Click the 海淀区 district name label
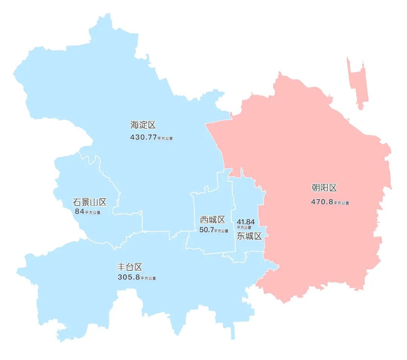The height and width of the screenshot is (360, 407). pyautogui.click(x=143, y=125)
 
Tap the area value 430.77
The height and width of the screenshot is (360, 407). pyautogui.click(x=143, y=137)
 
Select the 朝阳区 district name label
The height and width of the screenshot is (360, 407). pyautogui.click(x=324, y=188)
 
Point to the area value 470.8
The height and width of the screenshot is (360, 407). pyautogui.click(x=322, y=202)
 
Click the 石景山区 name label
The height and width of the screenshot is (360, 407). pyautogui.click(x=90, y=202)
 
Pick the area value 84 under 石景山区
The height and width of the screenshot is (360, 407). pyautogui.click(x=80, y=212)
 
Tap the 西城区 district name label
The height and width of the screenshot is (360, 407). pyautogui.click(x=213, y=220)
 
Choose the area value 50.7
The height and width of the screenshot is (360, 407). pyautogui.click(x=207, y=230)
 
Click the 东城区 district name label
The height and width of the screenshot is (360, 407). pyautogui.click(x=249, y=236)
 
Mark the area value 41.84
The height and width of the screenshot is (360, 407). pyautogui.click(x=246, y=222)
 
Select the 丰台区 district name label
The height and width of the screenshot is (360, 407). pyautogui.click(x=130, y=267)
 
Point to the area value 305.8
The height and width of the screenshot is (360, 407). pyautogui.click(x=129, y=278)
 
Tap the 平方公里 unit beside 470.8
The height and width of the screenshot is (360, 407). pyautogui.click(x=341, y=203)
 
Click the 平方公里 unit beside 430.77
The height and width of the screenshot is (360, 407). pyautogui.click(x=165, y=139)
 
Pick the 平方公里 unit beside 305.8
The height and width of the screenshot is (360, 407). pyautogui.click(x=148, y=279)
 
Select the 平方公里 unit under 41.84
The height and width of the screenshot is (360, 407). pyautogui.click(x=244, y=227)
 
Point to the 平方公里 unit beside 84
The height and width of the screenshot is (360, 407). pyautogui.click(x=93, y=213)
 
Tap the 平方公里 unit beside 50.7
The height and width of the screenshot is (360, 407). pyautogui.click(x=221, y=231)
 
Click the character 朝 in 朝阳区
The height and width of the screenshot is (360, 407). pyautogui.click(x=316, y=188)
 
